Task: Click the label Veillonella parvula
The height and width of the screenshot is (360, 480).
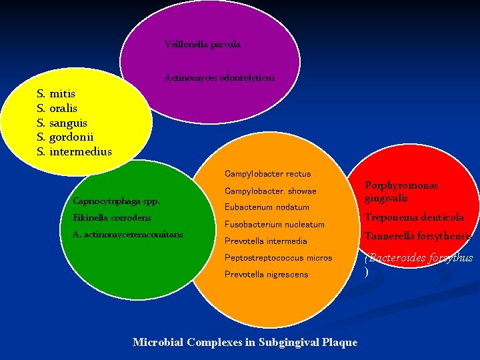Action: pyautogui.click(x=202, y=45)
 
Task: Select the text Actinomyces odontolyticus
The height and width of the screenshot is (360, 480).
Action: pyautogui.click(x=219, y=78)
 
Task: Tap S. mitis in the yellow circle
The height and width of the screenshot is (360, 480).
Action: pyautogui.click(x=56, y=94)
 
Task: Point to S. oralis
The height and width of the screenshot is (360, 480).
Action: pyautogui.click(x=57, y=108)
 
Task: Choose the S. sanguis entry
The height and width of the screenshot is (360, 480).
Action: pyautogui.click(x=62, y=123)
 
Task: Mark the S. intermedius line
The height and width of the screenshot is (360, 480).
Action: pyautogui.click(x=74, y=152)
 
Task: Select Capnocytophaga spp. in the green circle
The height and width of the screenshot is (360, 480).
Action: pyautogui.click(x=116, y=201)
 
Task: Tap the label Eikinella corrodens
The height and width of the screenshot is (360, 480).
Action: pyautogui.click(x=112, y=217)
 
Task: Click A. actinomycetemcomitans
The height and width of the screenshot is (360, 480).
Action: pyautogui.click(x=128, y=234)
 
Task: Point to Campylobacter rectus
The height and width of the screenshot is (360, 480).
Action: pyautogui.click(x=267, y=174)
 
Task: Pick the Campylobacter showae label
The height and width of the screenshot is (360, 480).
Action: pyautogui.click(x=270, y=191)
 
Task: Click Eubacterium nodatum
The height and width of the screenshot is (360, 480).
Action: pyautogui.click(x=267, y=207)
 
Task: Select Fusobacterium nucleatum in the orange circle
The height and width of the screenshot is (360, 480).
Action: pyautogui.click(x=274, y=225)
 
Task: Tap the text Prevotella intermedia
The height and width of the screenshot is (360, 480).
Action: pyautogui.click(x=265, y=241)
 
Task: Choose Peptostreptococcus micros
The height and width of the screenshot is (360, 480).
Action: pyautogui.click(x=278, y=258)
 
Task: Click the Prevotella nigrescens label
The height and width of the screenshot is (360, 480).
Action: pyautogui.click(x=266, y=275)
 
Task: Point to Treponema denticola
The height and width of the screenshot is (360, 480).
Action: pyautogui.click(x=414, y=217)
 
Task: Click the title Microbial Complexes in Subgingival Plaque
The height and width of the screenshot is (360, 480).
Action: pyautogui.click(x=245, y=343)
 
